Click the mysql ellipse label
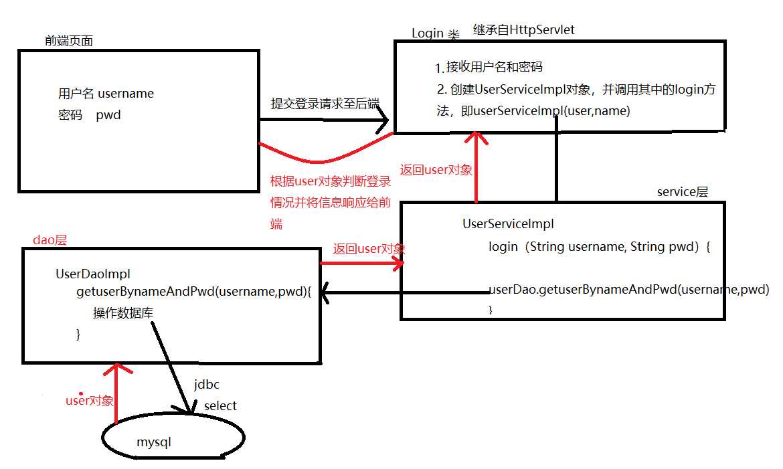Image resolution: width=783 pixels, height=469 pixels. [x=154, y=442]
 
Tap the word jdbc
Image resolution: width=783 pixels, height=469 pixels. [x=207, y=385]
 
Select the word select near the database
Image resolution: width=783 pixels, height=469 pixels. [x=220, y=406]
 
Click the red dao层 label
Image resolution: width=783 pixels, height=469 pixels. [x=50, y=240]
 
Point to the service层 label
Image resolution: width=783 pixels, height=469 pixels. [x=683, y=192]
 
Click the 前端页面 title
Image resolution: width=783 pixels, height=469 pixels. [x=69, y=41]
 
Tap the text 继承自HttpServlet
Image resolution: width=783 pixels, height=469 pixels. [x=524, y=30]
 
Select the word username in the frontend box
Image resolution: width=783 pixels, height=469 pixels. [x=126, y=94]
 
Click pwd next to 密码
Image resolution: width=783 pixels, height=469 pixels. [x=108, y=115]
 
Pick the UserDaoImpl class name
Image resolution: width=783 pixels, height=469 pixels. [x=93, y=274]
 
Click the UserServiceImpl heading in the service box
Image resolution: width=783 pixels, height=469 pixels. [x=509, y=223]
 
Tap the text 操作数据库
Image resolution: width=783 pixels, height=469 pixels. [x=123, y=313]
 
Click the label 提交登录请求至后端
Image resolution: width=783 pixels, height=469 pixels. [x=325, y=104]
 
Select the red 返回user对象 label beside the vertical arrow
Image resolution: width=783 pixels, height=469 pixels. [x=436, y=170]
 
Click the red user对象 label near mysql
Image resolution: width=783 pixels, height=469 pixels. [x=90, y=400]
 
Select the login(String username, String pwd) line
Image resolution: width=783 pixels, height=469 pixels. [x=599, y=247]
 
